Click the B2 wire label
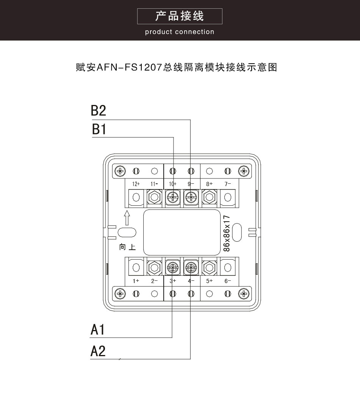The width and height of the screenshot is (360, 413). click(99, 111)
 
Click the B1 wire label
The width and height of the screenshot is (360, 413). click(99, 129)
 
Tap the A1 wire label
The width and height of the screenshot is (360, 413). click(98, 330)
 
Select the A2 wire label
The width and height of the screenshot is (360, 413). click(98, 351)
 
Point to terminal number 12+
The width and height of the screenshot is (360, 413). click(136, 184)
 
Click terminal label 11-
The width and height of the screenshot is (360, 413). click(154, 184)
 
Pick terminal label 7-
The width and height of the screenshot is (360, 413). click(228, 184)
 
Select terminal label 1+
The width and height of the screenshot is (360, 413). click(136, 281)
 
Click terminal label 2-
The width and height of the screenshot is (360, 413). click(154, 281)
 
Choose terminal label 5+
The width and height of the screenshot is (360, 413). click(210, 281)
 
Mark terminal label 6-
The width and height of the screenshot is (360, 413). click(228, 281)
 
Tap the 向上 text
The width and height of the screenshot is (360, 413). click(127, 247)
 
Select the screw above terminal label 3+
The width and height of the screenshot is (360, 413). click(173, 268)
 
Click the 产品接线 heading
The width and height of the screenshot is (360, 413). click(180, 16)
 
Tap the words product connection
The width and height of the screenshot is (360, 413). click(180, 32)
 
